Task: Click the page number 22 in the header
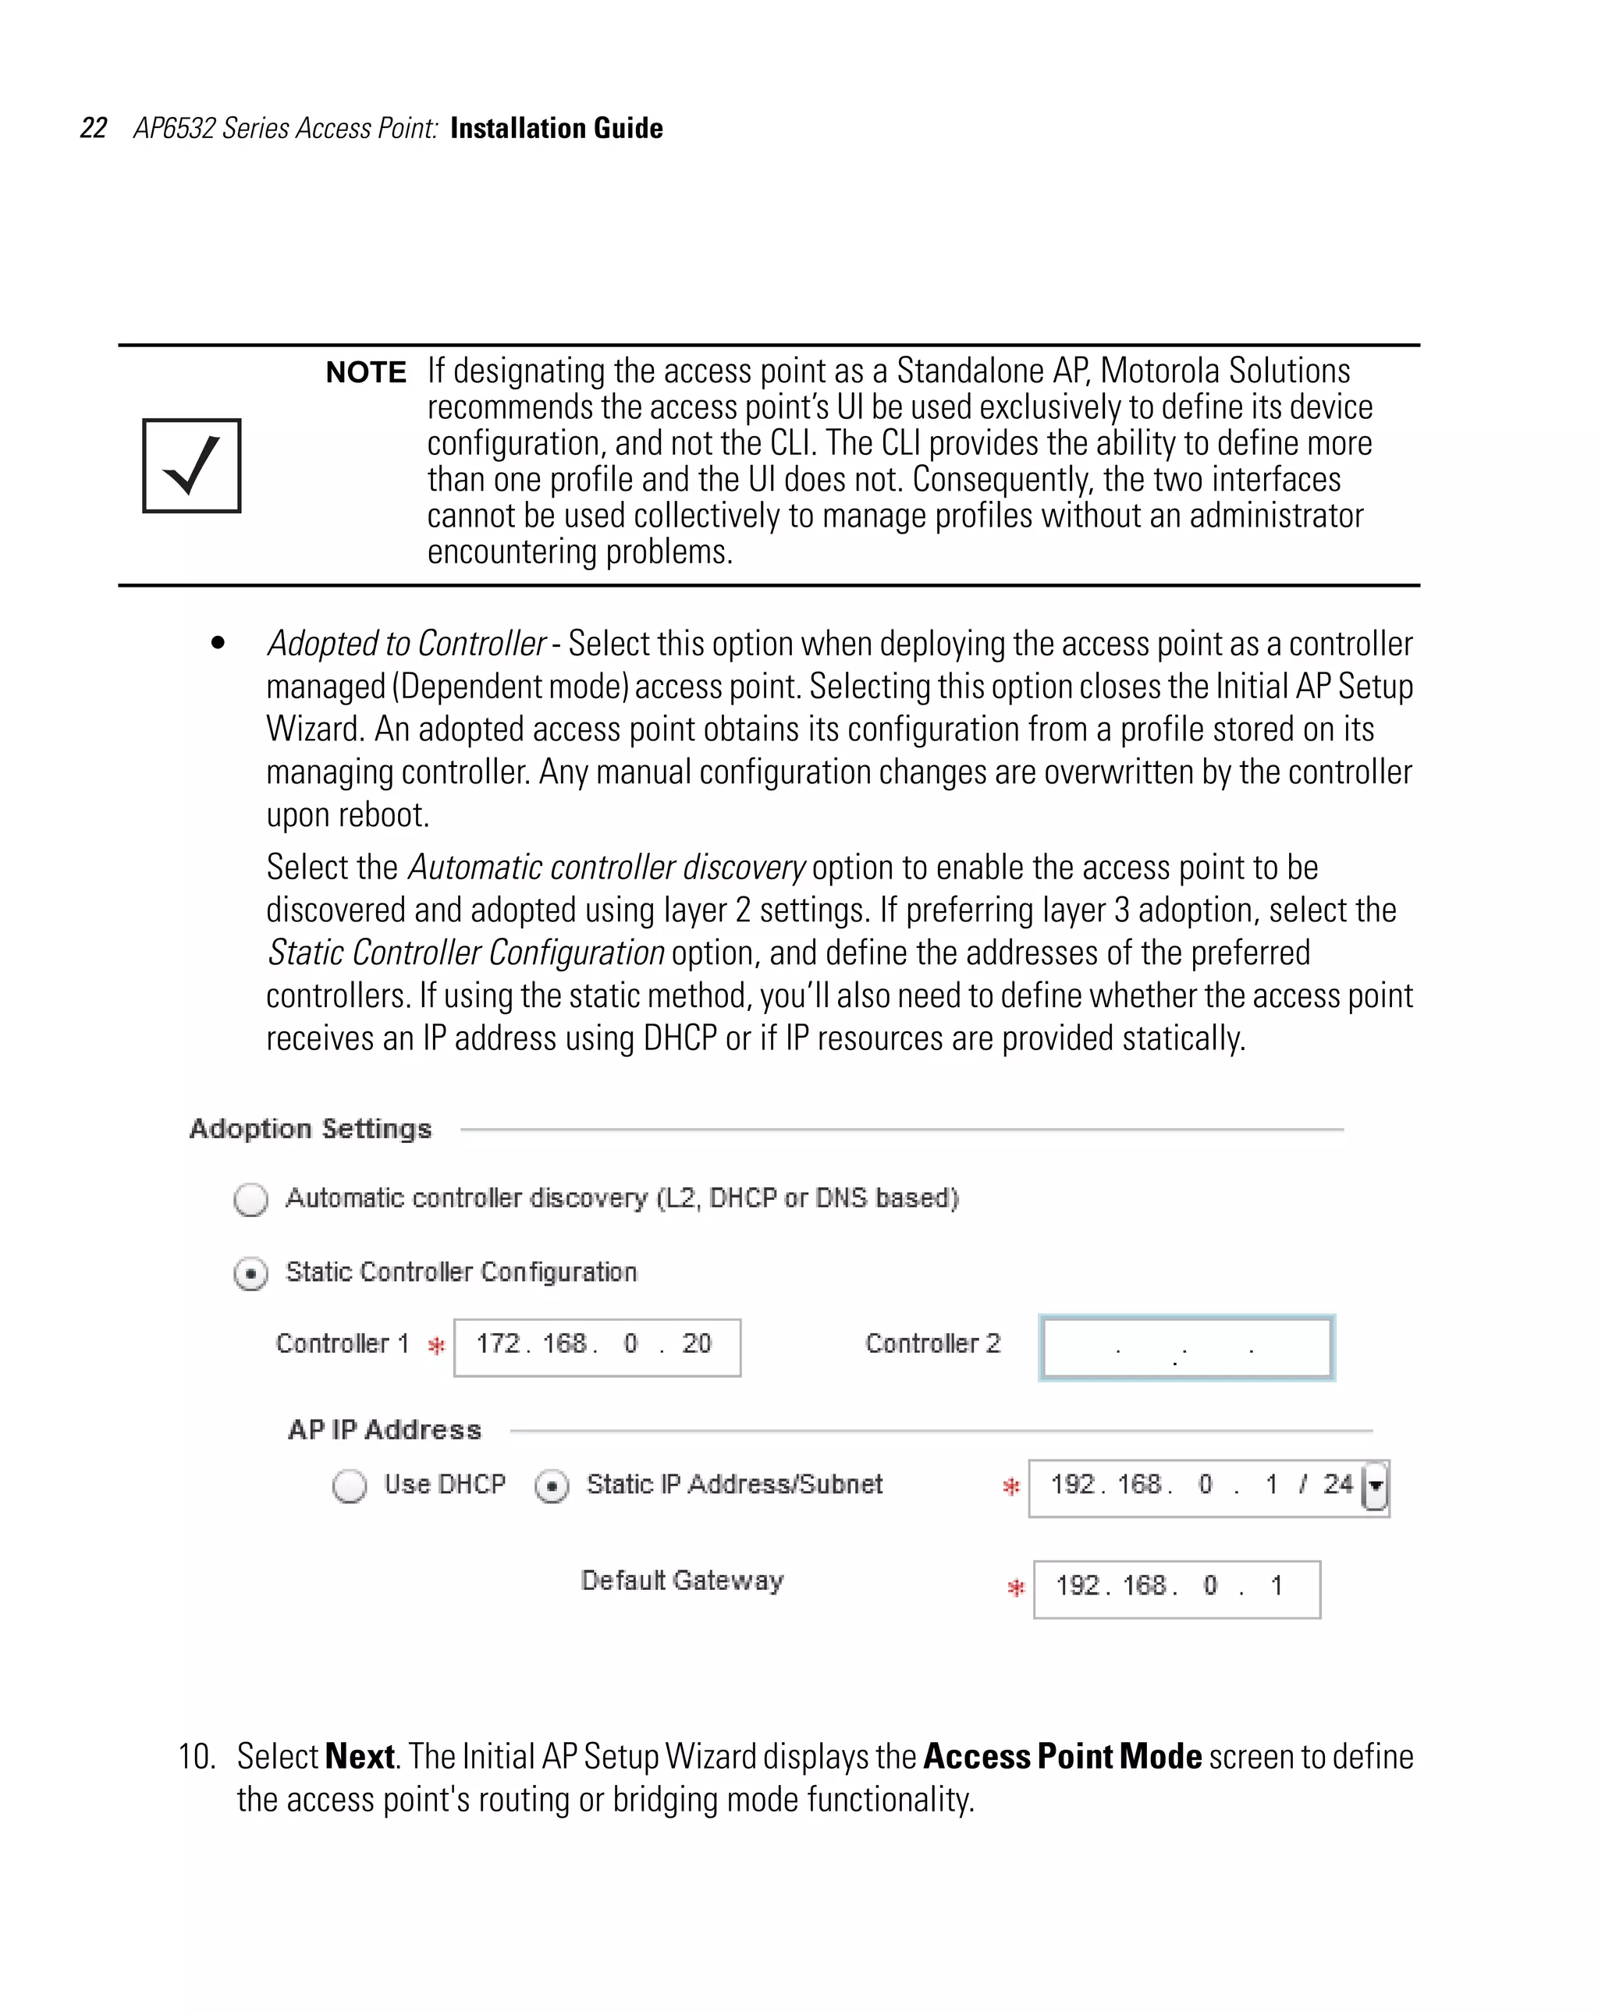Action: [x=94, y=128]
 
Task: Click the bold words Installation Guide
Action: [x=556, y=128]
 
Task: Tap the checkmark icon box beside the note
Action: [x=191, y=466]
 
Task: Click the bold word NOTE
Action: [x=365, y=372]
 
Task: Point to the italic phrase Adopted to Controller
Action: [x=406, y=644]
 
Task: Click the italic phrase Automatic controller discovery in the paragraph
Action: [x=605, y=867]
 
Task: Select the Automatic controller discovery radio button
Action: [x=251, y=1199]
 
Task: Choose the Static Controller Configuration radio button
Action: [x=251, y=1274]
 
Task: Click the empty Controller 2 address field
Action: [x=1185, y=1347]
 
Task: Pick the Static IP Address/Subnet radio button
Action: [x=552, y=1485]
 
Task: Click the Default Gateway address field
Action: [x=1176, y=1588]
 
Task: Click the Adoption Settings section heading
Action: [x=311, y=1129]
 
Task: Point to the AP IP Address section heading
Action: [x=385, y=1430]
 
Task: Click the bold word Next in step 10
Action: [x=360, y=1756]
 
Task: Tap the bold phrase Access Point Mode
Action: [x=1062, y=1756]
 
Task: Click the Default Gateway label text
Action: [x=682, y=1580]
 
